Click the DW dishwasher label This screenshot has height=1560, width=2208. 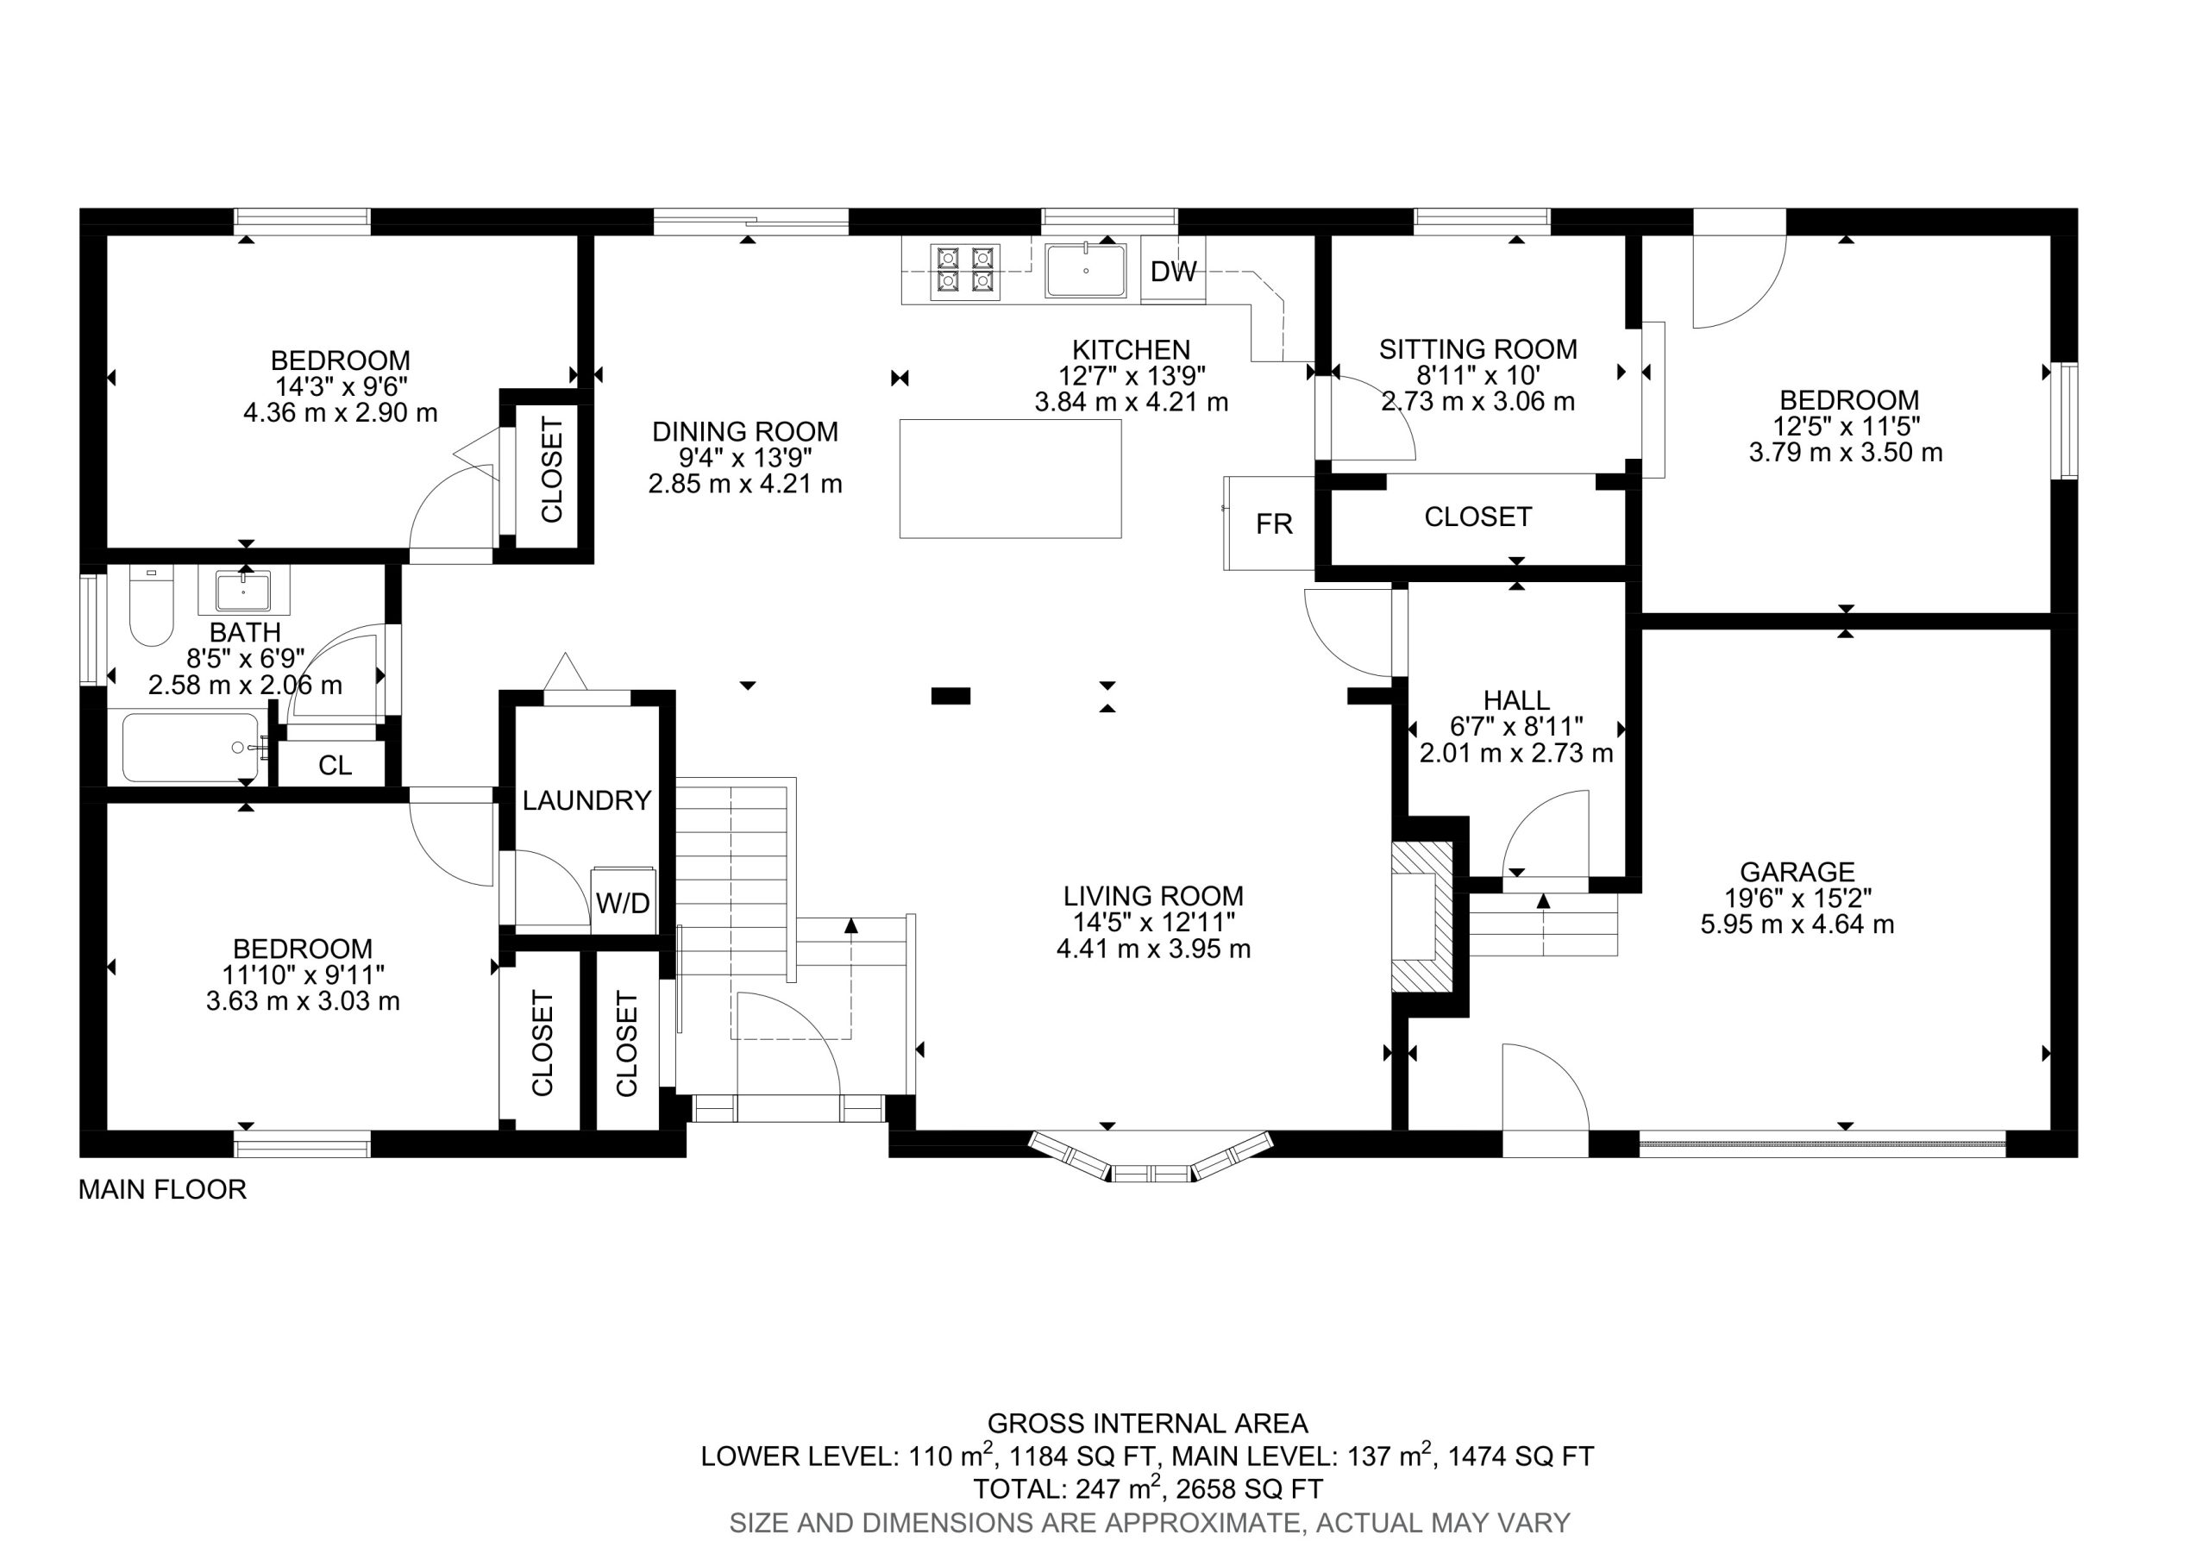1173,273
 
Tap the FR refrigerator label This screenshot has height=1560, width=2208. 1274,524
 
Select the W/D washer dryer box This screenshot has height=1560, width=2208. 624,900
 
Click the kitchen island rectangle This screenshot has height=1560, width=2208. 1011,478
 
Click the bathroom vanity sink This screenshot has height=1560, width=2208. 243,590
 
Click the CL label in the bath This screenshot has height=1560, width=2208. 335,766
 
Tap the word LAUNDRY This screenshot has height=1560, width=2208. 586,800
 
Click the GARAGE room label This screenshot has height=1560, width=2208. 1797,873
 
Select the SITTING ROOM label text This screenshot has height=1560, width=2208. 1478,349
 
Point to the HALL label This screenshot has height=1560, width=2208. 1516,700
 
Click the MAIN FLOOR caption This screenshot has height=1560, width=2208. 162,1190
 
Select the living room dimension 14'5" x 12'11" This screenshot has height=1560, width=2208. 1153,923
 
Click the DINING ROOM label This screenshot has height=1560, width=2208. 745,432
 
